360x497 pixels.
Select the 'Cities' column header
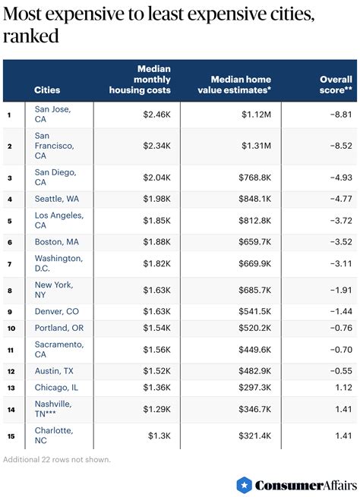click(x=47, y=90)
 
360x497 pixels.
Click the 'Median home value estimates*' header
click(x=241, y=85)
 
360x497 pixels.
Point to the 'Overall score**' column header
click(x=336, y=85)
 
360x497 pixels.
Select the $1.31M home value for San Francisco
click(x=257, y=146)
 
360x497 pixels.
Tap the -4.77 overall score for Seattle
click(x=339, y=199)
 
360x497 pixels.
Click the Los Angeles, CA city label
click(x=59, y=220)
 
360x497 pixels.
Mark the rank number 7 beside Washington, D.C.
click(x=9, y=263)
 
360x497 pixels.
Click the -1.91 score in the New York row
click(x=339, y=290)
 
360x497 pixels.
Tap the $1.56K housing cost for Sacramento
click(x=156, y=350)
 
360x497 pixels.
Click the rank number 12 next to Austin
click(x=10, y=371)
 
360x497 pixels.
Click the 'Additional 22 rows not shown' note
click(x=57, y=459)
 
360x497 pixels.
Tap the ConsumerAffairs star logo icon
click(x=244, y=484)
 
